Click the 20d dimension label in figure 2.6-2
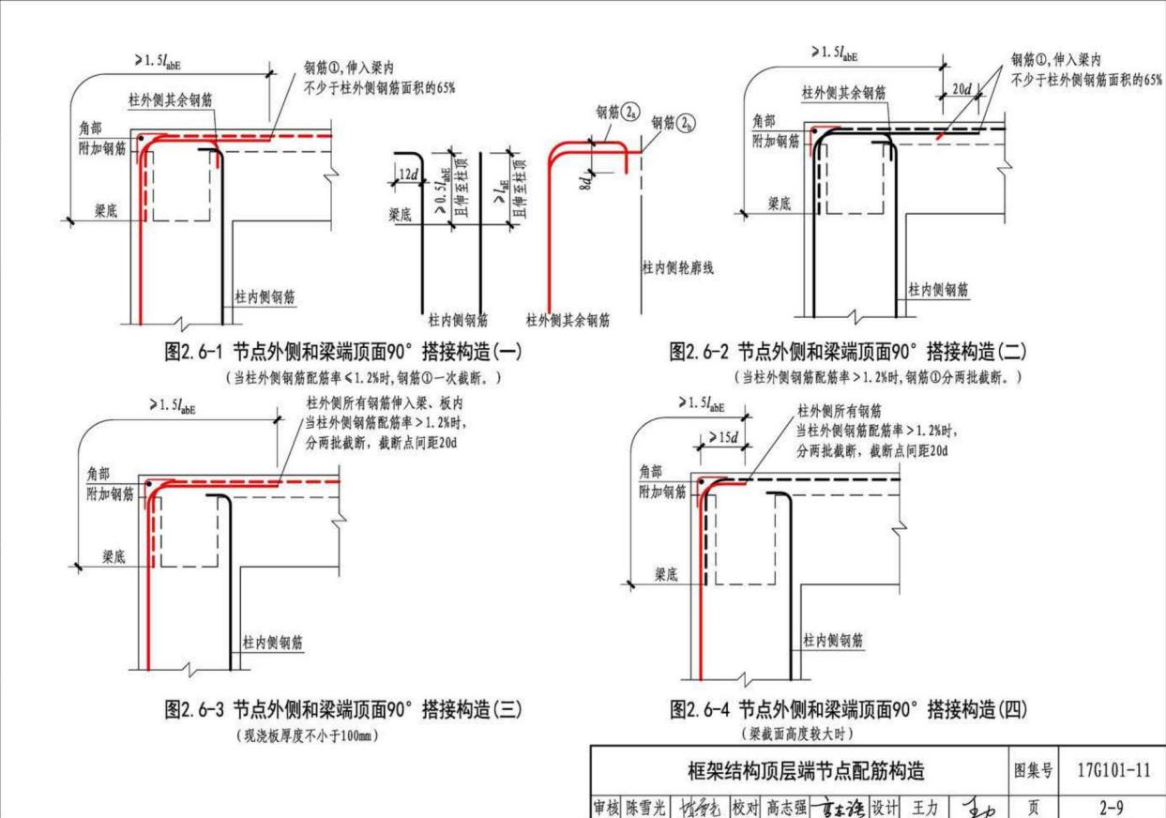(x=962, y=89)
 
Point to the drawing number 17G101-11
(x=1117, y=771)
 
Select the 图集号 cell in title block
(x=1036, y=771)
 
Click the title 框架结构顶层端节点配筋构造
(x=807, y=771)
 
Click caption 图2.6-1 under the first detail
(x=342, y=352)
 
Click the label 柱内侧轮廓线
(x=677, y=268)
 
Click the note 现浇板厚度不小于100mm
(x=308, y=733)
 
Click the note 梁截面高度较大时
(x=798, y=732)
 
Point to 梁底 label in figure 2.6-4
(x=667, y=574)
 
